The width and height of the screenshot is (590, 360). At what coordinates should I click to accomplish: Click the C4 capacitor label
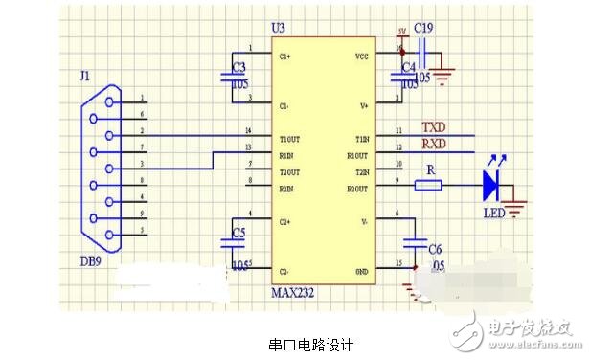click(408, 67)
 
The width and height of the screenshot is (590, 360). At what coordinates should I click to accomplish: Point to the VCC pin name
click(361, 56)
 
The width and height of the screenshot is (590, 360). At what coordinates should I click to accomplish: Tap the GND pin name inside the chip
click(361, 271)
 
